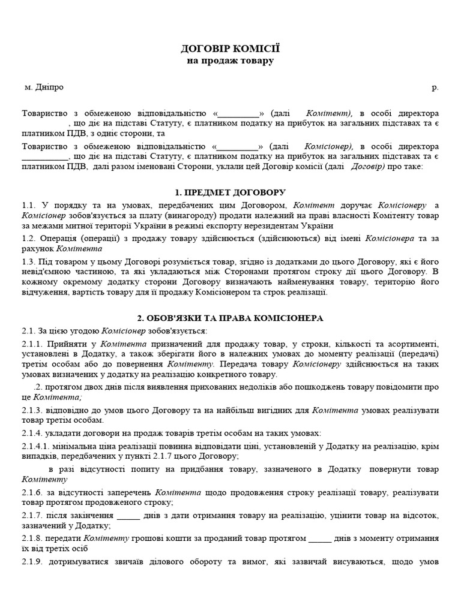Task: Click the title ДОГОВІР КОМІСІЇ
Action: (x=230, y=49)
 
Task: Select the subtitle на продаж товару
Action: (x=230, y=61)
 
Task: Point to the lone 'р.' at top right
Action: (x=435, y=88)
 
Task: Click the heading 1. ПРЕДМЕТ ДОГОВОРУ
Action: (x=230, y=192)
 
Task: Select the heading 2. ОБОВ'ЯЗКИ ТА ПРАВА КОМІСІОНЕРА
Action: (x=230, y=317)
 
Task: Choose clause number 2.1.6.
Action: (x=32, y=492)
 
